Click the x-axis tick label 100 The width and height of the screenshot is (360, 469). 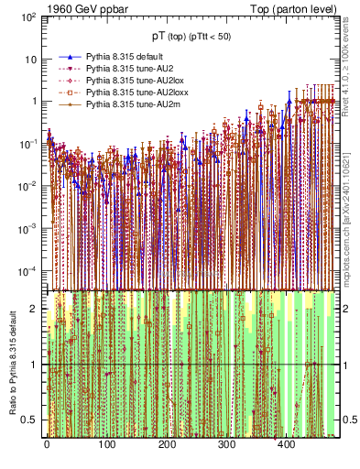pos(106,444)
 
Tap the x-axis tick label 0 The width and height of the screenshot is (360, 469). pos(47,444)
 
